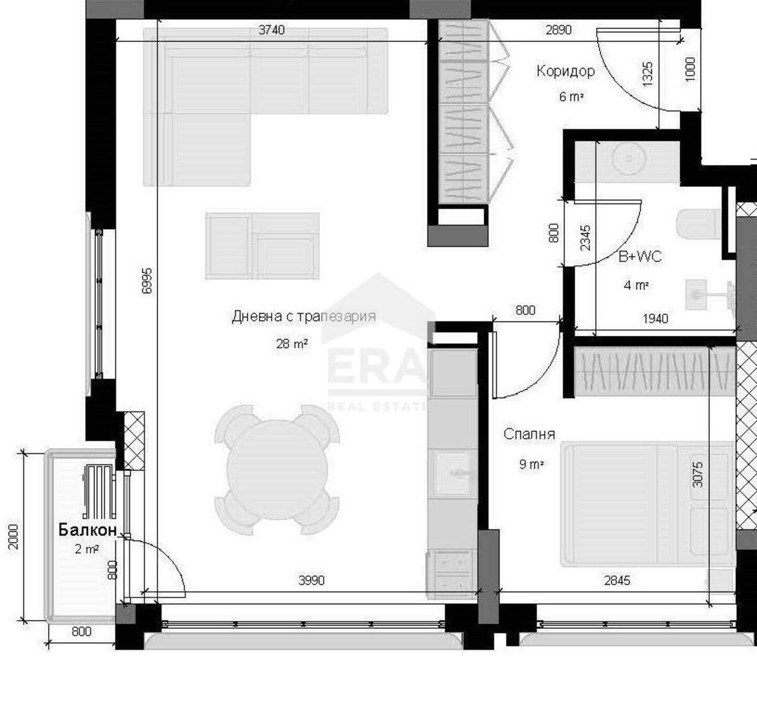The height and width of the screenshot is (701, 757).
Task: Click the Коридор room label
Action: [x=565, y=71]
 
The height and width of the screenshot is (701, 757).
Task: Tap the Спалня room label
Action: [x=529, y=434]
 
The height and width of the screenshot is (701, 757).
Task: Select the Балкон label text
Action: [x=87, y=530]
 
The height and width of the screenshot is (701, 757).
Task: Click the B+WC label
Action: [x=640, y=256]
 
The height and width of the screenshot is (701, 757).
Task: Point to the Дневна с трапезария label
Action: [x=304, y=316]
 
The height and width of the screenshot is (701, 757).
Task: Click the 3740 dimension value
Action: [x=271, y=30]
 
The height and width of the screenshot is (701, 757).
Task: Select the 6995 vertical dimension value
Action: [x=147, y=281]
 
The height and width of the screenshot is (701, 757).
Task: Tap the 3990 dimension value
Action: [x=311, y=580]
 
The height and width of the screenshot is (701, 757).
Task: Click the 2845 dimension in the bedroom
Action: [x=617, y=580]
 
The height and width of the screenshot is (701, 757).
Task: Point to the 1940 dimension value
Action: [x=655, y=318]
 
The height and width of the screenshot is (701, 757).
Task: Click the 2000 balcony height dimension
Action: [x=13, y=537]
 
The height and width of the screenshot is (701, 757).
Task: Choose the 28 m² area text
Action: [x=292, y=344]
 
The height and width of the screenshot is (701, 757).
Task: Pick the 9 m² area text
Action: [x=531, y=465]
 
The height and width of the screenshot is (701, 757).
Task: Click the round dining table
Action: [x=277, y=469]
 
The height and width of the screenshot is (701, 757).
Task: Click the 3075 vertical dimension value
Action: [x=698, y=475]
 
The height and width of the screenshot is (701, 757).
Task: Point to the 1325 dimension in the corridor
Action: [x=648, y=74]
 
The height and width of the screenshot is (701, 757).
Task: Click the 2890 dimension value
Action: [x=558, y=30]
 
